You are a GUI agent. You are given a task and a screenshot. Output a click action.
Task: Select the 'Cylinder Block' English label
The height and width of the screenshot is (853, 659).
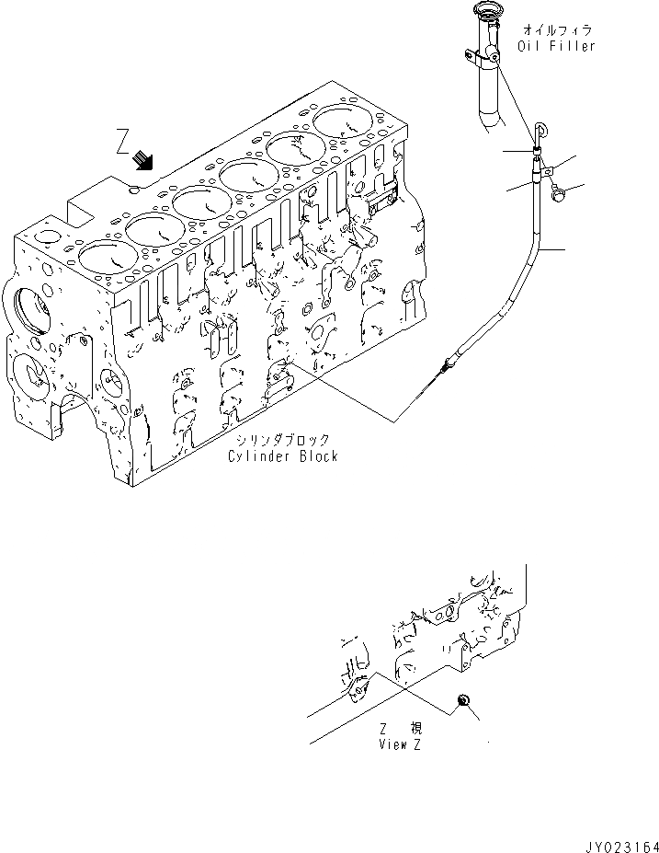(x=284, y=456)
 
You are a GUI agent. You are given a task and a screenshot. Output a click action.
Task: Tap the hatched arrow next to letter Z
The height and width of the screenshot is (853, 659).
(x=143, y=161)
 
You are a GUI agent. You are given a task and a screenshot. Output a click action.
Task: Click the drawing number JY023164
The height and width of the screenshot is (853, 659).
(x=619, y=842)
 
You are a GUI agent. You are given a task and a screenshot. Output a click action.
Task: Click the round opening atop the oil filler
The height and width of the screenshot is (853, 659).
(x=484, y=11)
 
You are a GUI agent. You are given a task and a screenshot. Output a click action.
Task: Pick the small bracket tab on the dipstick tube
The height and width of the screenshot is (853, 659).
(x=544, y=168)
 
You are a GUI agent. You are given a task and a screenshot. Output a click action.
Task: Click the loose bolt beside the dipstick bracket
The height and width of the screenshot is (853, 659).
(x=560, y=193)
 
